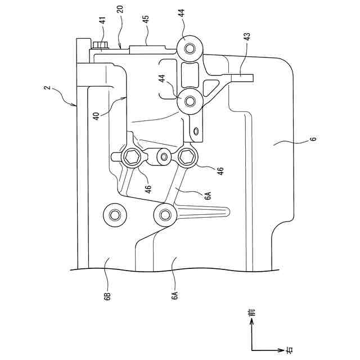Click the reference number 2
(47, 88)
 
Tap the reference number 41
(103, 20)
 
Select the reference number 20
(121, 9)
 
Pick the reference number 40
(97, 116)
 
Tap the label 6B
(107, 296)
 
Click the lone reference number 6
(314, 138)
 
